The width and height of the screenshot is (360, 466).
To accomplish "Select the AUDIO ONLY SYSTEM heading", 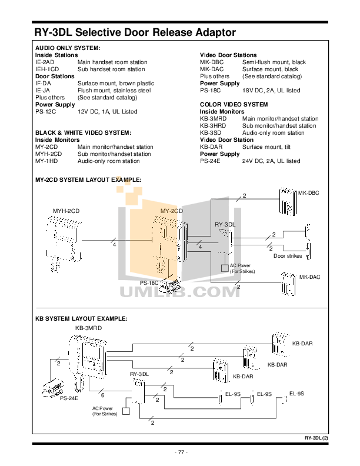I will (x=68, y=48).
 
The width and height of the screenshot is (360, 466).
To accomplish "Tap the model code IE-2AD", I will (x=45, y=62).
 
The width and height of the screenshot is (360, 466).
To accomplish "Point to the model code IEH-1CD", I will (x=47, y=69).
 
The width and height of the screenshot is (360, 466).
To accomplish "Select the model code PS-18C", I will (x=211, y=91).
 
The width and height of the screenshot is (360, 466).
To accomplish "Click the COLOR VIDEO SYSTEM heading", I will (x=234, y=104).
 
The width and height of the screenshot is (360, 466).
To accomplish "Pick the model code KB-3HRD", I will (x=213, y=126).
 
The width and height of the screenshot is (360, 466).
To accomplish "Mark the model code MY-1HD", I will (x=46, y=161).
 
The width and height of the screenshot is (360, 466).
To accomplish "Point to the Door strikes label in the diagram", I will (x=288, y=255).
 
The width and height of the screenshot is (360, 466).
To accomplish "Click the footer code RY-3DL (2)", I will (x=316, y=438).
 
